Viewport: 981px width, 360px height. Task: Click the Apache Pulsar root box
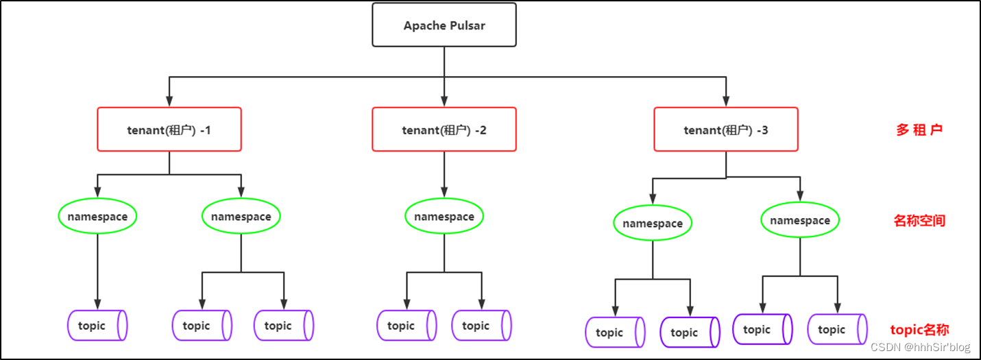coord(444,25)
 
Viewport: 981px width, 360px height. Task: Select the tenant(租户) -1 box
coord(169,130)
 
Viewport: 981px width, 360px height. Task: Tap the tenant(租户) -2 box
coord(444,130)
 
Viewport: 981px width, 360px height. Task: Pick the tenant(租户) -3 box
coord(726,130)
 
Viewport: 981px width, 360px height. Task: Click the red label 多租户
coord(919,130)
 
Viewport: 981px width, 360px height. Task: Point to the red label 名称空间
coord(919,221)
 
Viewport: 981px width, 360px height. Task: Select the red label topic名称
coord(919,330)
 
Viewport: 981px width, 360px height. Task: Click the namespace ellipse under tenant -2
coord(444,217)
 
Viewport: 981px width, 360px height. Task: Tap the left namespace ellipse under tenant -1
coord(97,217)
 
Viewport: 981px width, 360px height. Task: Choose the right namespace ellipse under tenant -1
coord(241,217)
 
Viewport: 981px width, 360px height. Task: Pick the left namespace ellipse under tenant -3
coord(653,224)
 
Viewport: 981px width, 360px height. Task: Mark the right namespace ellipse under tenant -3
coord(800,221)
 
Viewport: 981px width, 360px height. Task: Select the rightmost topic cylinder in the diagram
coord(837,330)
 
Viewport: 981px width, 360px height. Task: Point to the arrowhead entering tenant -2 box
coord(444,102)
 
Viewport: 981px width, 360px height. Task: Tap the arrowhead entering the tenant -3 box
coord(726,102)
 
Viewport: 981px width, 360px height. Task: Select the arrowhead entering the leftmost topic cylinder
coord(97,304)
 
